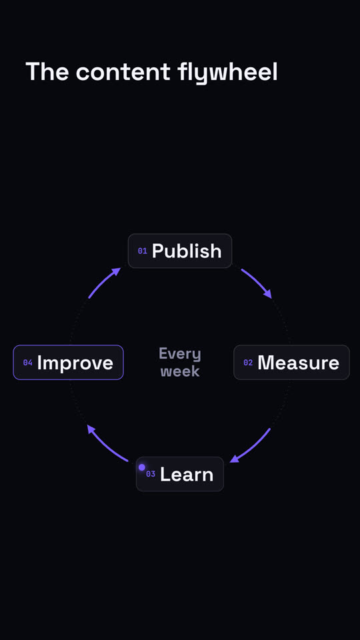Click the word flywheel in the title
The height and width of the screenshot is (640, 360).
[227, 73]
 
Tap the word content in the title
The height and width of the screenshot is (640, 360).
[123, 72]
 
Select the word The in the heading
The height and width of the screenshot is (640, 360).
[47, 71]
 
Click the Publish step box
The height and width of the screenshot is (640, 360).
[180, 251]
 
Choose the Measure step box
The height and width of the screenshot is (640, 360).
[291, 363]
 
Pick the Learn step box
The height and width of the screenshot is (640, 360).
[180, 474]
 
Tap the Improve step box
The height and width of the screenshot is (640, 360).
[68, 363]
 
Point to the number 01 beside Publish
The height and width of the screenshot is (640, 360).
[142, 251]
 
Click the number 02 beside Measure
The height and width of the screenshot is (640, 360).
[248, 363]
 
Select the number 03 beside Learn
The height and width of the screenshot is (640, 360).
[151, 474]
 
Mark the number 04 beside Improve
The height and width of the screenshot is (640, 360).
[28, 363]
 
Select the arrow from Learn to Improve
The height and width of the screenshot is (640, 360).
[106, 445]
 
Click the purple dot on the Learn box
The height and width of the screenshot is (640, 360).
[141, 467]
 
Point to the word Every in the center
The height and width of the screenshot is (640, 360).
[180, 354]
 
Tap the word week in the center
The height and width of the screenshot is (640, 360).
[180, 371]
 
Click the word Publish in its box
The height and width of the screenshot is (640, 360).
[187, 251]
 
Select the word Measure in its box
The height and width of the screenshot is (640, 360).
[299, 363]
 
